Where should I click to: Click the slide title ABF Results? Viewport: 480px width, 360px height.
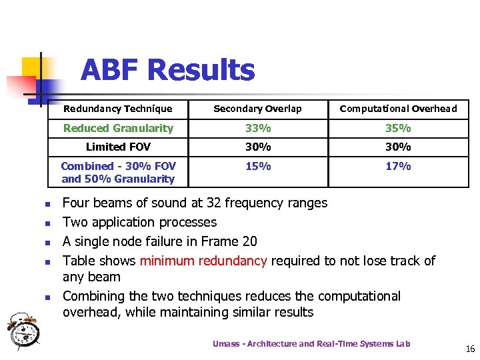pyautogui.click(x=167, y=69)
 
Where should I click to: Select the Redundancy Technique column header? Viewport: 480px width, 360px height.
pyautogui.click(x=117, y=109)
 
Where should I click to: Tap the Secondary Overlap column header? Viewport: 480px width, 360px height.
pyautogui.click(x=257, y=109)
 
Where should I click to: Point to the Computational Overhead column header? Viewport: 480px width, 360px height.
pyautogui.click(x=398, y=109)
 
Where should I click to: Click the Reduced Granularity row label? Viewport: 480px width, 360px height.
pyautogui.click(x=117, y=128)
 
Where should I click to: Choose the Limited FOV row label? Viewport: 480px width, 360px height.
pyautogui.click(x=118, y=147)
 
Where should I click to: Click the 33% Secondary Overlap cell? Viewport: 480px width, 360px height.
pyautogui.click(x=258, y=128)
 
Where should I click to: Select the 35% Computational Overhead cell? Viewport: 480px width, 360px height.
pyautogui.click(x=398, y=128)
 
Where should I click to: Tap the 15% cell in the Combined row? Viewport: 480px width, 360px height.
pyautogui.click(x=258, y=166)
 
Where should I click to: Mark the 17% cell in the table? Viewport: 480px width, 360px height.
pyautogui.click(x=398, y=166)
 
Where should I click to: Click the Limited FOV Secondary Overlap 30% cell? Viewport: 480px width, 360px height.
pyautogui.click(x=258, y=147)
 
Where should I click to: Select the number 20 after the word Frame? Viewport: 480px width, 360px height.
pyautogui.click(x=248, y=241)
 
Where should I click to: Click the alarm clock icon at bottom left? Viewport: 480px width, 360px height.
pyautogui.click(x=24, y=330)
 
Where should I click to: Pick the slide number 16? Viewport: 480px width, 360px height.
pyautogui.click(x=470, y=349)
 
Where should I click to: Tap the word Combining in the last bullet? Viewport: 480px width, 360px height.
pyautogui.click(x=97, y=296)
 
